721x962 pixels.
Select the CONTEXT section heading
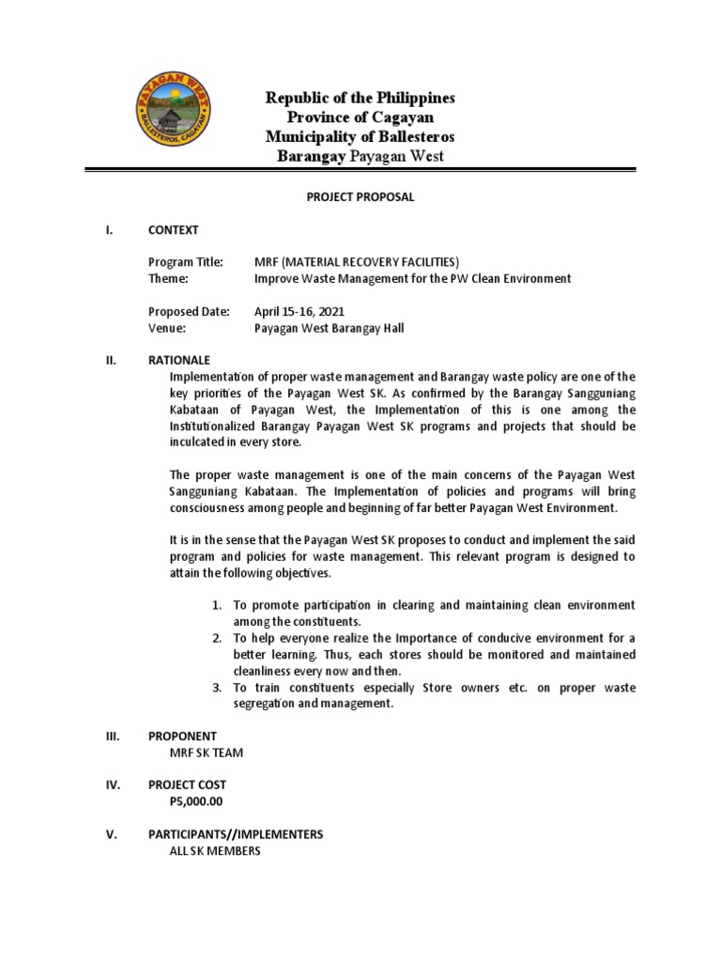click(173, 230)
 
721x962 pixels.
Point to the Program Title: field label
click(185, 262)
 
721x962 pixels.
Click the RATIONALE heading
click(179, 361)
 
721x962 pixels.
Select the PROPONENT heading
click(182, 737)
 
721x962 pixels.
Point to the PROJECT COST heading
click(187, 785)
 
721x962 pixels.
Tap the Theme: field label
click(169, 279)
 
